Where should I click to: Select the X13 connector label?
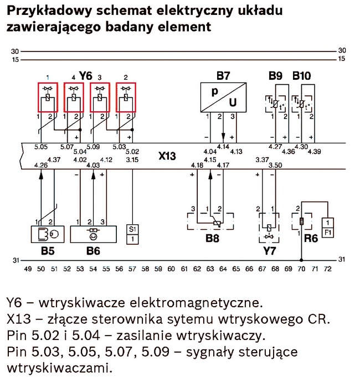tap(166, 157)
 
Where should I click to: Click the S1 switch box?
tap(132, 234)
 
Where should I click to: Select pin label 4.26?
tap(40, 164)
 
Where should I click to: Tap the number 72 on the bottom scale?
tap(328, 269)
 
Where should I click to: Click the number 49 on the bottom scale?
tap(27, 269)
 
